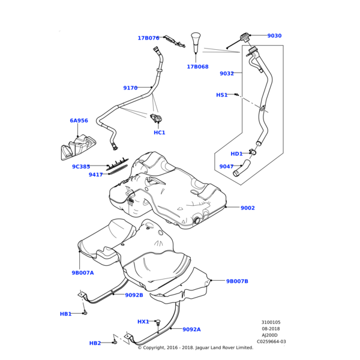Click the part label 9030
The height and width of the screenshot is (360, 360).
point(274,36)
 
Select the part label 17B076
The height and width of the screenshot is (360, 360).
point(148,38)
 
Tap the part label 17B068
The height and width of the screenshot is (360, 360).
point(197,67)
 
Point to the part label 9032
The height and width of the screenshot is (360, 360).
point(227,74)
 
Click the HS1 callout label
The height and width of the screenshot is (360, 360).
point(222,95)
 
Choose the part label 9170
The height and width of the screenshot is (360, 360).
point(130,88)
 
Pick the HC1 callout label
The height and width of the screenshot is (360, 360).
point(160,133)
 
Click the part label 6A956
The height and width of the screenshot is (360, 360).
point(79,121)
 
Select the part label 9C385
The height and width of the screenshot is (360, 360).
point(81,167)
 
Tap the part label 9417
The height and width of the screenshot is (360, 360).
point(95,175)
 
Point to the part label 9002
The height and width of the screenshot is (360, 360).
point(248,208)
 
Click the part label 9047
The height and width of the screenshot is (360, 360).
point(226,167)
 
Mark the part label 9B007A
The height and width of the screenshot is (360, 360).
point(83,273)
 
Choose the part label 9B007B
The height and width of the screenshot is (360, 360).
point(237,281)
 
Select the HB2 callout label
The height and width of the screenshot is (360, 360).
point(95,343)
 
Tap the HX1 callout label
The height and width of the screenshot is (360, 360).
point(143,322)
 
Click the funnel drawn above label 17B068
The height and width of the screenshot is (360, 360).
point(196,44)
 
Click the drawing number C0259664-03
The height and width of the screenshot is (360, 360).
point(271,342)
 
